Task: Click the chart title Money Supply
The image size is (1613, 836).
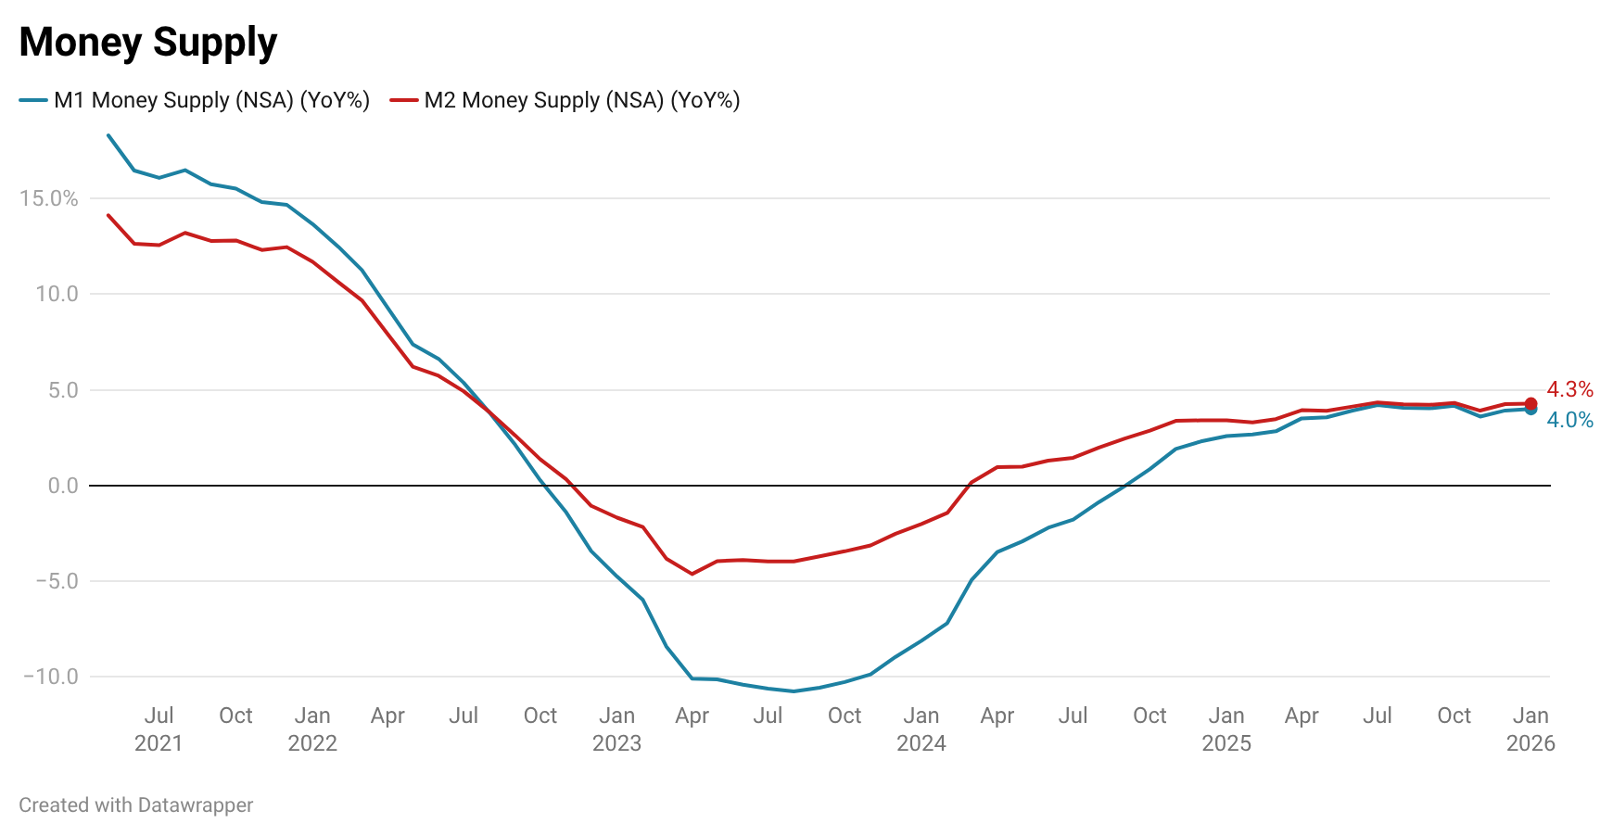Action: coord(147,43)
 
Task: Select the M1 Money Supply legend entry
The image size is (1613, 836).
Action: coord(195,100)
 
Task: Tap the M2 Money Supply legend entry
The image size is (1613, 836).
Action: coord(565,100)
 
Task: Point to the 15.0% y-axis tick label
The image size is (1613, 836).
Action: coord(48,198)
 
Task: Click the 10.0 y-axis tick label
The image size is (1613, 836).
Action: coord(57,294)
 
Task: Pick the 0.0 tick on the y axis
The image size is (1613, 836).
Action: coord(63,486)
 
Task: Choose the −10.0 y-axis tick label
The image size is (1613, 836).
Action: coord(51,677)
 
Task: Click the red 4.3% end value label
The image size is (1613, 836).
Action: coord(1569,389)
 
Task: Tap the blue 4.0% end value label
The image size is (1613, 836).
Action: coord(1569,420)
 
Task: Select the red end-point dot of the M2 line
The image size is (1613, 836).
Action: coord(1530,403)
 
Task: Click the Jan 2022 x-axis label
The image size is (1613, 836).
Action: coord(312,728)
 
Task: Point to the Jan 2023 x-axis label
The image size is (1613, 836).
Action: coord(616,728)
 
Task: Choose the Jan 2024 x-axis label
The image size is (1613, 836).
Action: coord(921,728)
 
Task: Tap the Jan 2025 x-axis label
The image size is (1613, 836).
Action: coord(1226,728)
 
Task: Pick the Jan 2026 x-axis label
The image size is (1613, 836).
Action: coord(1530,728)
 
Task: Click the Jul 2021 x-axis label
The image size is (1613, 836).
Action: coord(159,728)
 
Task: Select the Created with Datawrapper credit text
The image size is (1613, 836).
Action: coord(135,804)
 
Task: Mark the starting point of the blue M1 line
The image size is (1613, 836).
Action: coord(108,135)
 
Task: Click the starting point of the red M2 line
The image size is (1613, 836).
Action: coord(108,215)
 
